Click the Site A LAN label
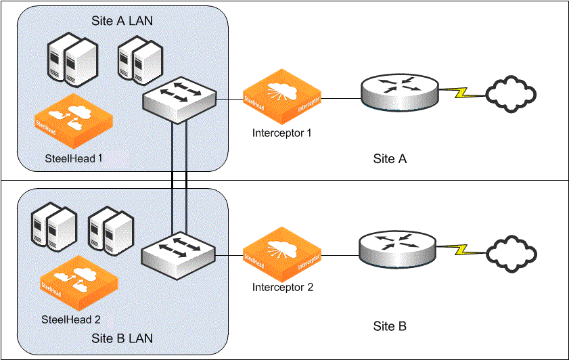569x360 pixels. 122,21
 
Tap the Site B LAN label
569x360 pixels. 122,338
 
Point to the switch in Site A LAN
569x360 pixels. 179,99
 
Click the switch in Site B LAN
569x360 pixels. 179,256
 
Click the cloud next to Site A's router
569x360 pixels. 511,93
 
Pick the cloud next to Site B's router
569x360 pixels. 512,251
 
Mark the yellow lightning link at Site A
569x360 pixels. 463,91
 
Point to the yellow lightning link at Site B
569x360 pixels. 463,250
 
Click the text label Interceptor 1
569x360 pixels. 282,133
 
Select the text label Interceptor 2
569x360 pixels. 283,287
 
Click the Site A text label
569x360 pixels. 390,159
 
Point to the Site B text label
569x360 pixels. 390,327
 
